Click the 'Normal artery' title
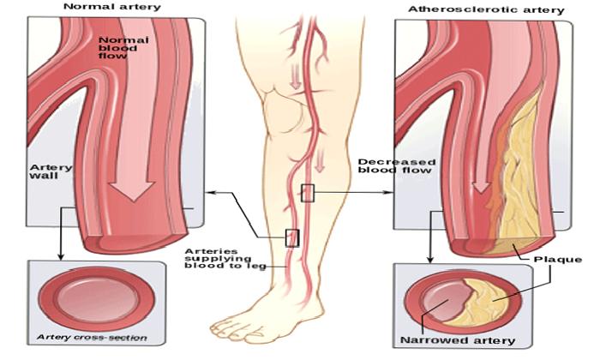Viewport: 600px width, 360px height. coord(112,7)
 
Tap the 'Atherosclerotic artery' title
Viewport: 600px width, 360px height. coord(486,9)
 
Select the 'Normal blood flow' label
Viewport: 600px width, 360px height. coord(123,48)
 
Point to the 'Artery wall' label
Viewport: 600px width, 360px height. coord(51,171)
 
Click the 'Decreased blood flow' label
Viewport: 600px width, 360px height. coord(397,166)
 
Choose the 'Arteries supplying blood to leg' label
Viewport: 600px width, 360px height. coord(225,259)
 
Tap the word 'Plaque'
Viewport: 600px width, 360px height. coord(557,260)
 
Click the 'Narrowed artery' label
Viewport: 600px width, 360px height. coord(458,340)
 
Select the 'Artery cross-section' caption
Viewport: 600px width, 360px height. coord(92,338)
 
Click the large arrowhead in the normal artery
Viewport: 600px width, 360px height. coord(132,190)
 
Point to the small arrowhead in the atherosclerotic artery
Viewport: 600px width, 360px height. coord(481,187)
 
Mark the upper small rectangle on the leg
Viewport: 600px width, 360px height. coord(308,193)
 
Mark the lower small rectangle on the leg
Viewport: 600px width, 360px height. coord(292,237)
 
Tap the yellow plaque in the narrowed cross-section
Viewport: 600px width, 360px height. coord(486,302)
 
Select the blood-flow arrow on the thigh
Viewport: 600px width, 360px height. coord(295,75)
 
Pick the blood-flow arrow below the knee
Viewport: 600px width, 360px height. coord(320,159)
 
